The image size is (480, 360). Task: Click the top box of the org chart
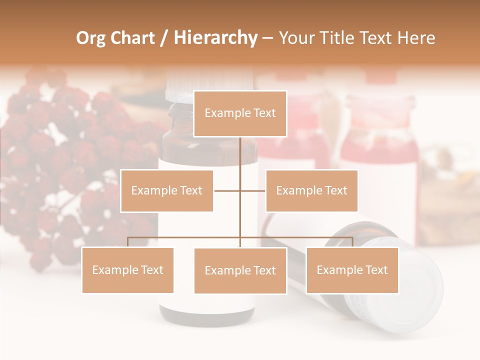pyautogui.click(x=240, y=113)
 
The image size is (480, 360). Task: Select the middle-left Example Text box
pyautogui.click(x=167, y=190)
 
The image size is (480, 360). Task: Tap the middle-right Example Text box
pyautogui.click(x=311, y=190)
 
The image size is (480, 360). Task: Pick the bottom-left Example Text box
pyautogui.click(x=127, y=270)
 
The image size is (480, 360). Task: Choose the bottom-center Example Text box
pyautogui.click(x=240, y=270)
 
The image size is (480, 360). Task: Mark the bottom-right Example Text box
pyautogui.click(x=352, y=270)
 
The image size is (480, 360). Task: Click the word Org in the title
pyautogui.click(x=90, y=38)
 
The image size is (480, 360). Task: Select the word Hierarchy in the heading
pyautogui.click(x=215, y=38)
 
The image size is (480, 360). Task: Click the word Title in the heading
pyautogui.click(x=340, y=38)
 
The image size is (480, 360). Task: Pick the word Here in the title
pyautogui.click(x=416, y=38)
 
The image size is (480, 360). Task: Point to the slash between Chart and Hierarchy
pyautogui.click(x=164, y=38)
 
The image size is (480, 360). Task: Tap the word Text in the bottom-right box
pyautogui.click(x=376, y=270)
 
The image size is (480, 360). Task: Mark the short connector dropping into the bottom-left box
pyautogui.click(x=127, y=242)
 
